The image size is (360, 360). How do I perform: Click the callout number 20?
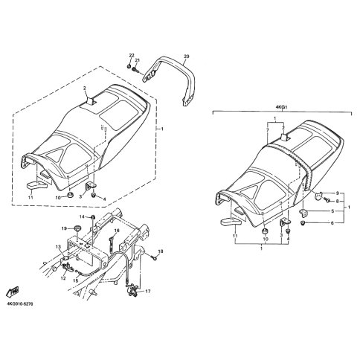pos(187,57)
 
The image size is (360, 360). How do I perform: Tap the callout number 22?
pos(132,55)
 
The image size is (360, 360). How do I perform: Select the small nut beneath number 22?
pos(129,66)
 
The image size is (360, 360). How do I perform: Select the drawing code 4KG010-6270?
pos(20,303)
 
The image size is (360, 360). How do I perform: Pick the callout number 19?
pos(64,228)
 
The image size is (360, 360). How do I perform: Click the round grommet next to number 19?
pos(77,228)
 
